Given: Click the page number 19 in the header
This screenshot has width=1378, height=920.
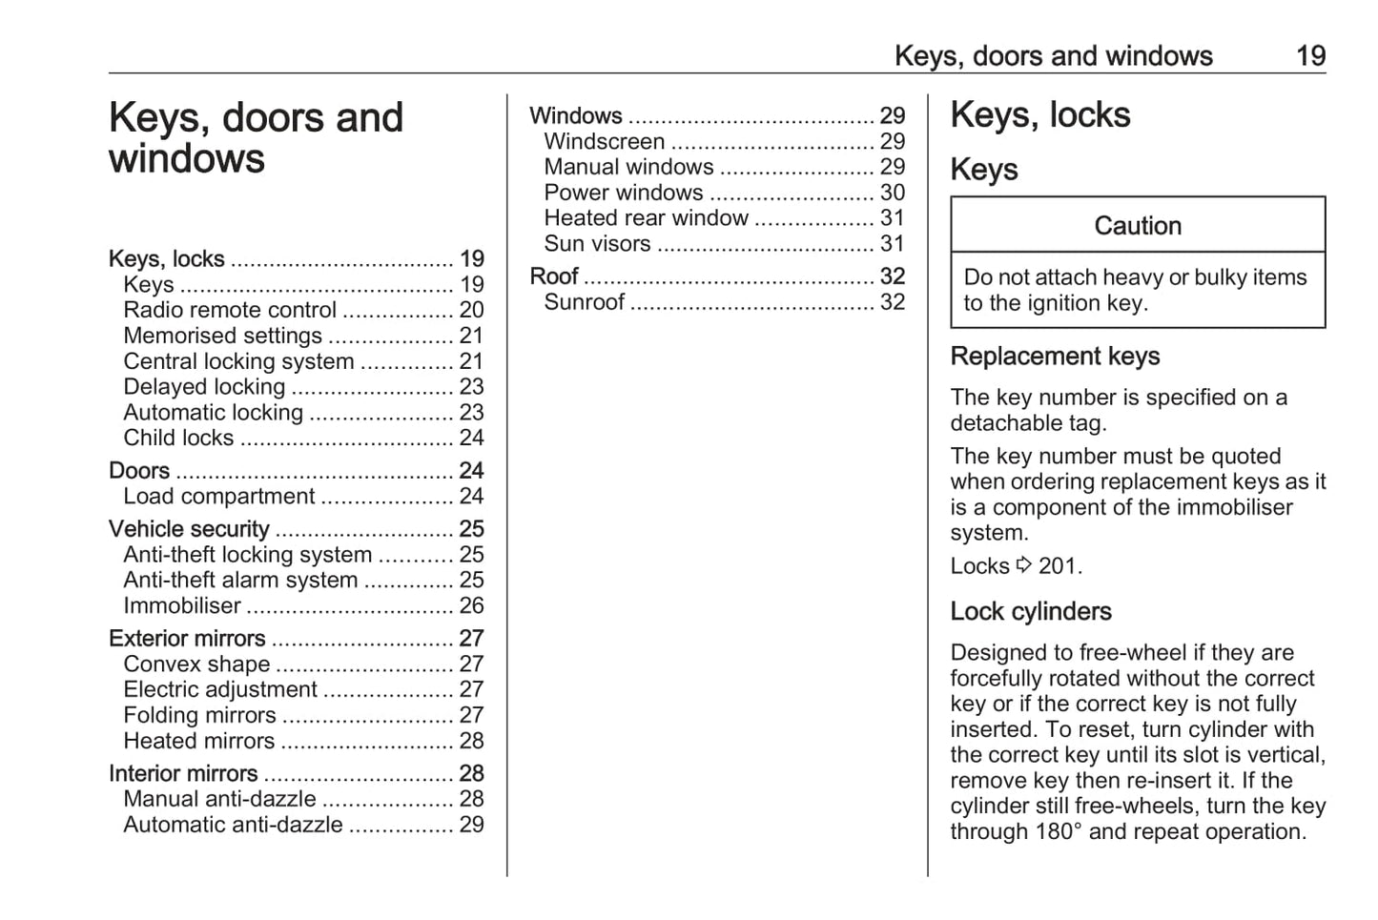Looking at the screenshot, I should (x=1310, y=56).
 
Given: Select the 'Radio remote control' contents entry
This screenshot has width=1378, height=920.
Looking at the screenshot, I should (x=230, y=311).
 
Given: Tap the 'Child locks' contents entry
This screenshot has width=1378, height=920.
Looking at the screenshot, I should (x=178, y=439).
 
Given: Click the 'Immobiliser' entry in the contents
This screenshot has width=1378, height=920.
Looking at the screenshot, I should (x=182, y=606).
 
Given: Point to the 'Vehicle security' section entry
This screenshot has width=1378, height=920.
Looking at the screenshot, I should (x=189, y=529).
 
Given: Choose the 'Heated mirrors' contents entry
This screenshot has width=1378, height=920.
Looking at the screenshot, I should (x=198, y=742).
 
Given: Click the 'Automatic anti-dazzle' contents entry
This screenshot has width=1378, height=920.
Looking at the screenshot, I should (x=233, y=826).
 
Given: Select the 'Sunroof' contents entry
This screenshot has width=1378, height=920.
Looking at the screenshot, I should (x=584, y=302).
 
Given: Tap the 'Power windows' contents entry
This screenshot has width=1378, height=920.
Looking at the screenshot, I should (x=624, y=193).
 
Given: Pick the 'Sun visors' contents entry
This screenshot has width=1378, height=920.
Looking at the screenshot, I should (x=597, y=244).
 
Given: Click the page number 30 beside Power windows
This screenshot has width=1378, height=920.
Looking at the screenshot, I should (x=892, y=193).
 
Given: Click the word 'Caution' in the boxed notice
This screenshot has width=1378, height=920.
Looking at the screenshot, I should (x=1138, y=226).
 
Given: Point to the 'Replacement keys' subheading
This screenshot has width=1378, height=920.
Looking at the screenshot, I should (x=1055, y=357).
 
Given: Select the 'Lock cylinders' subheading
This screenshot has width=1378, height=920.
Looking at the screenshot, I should (x=1031, y=612).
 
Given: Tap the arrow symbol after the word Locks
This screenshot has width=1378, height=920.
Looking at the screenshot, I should (x=1023, y=565).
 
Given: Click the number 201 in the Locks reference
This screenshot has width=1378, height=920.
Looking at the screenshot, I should (x=1058, y=566).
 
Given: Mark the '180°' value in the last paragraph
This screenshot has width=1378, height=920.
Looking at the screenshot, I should (x=1058, y=832).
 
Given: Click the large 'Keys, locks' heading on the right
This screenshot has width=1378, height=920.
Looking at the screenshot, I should (x=1040, y=115).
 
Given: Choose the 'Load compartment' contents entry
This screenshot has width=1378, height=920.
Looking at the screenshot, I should (x=218, y=497).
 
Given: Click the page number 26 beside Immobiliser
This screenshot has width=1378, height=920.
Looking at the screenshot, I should (x=471, y=606).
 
